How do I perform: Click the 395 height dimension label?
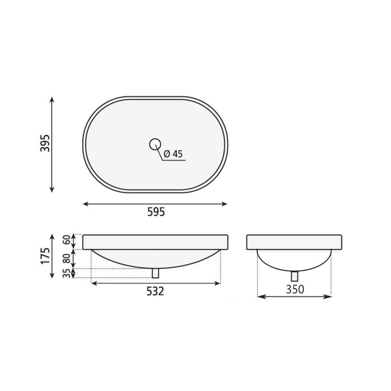tap(45, 143)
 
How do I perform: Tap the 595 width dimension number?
tap(156, 212)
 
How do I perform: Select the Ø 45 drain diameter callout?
tap(173, 154)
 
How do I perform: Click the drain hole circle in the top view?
tap(155, 144)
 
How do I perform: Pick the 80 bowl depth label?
tap(67, 259)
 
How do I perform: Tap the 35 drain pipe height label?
tap(67, 273)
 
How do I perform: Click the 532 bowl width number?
tap(155, 291)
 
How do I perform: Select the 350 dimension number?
tap(295, 289)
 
